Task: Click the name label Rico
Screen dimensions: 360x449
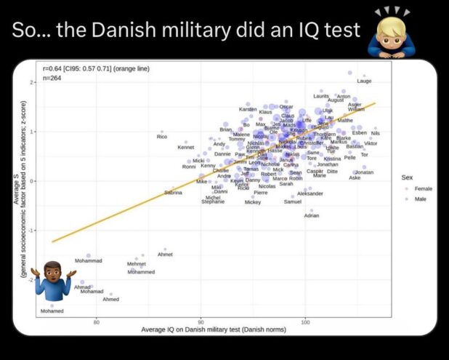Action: point(162,137)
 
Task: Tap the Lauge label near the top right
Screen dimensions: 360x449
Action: point(364,81)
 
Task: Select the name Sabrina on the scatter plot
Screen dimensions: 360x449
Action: point(173,192)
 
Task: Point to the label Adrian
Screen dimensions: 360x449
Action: point(312,216)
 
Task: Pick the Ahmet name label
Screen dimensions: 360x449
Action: point(165,254)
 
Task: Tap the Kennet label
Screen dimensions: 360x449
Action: point(186,148)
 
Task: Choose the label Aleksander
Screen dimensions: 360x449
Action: point(310,193)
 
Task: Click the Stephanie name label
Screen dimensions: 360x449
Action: point(214,201)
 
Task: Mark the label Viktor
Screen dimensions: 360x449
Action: point(371,143)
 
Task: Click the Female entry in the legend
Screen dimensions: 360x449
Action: point(423,188)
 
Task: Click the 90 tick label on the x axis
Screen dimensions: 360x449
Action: point(201,321)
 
